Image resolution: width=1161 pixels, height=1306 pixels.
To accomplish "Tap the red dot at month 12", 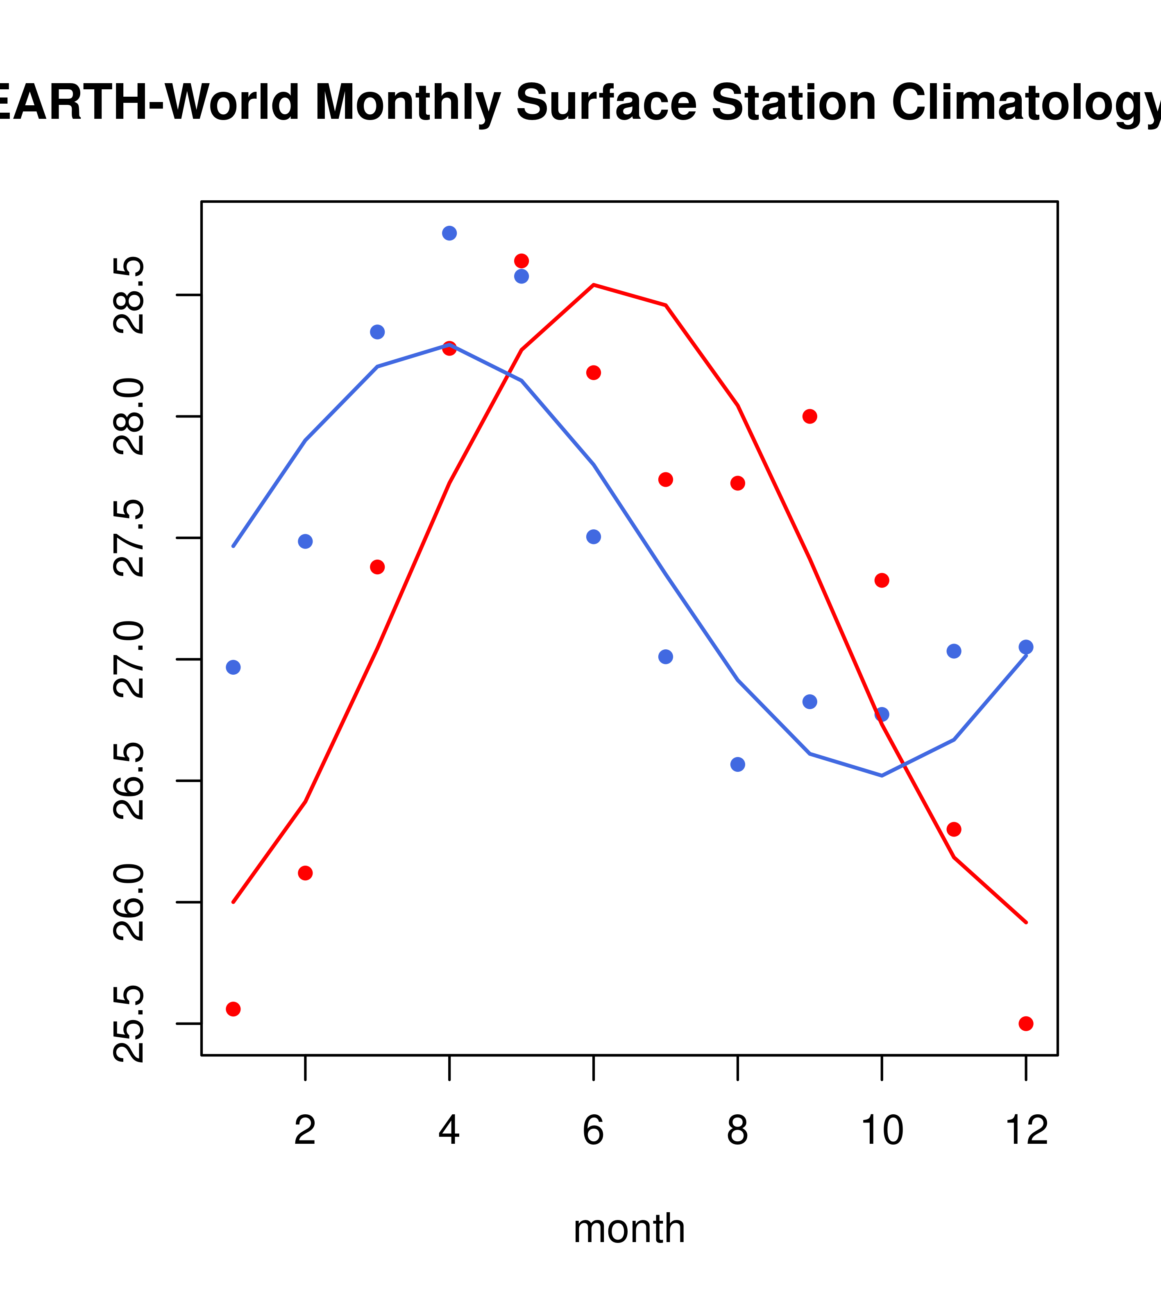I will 1026,1024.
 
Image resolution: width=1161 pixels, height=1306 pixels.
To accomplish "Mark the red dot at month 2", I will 306,873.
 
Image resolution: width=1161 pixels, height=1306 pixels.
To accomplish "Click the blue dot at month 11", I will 954,651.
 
